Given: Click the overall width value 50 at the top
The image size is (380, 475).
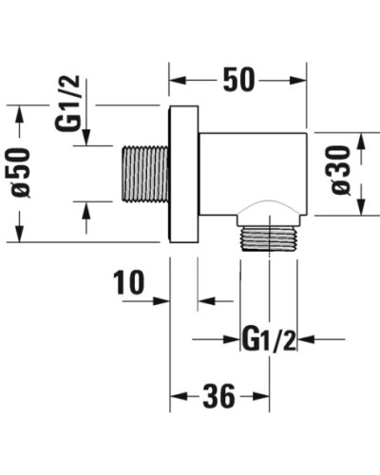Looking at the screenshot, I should [x=238, y=80].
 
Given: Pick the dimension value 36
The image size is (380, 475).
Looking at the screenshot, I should [x=218, y=397].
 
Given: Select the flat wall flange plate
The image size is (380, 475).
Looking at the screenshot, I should [x=183, y=174].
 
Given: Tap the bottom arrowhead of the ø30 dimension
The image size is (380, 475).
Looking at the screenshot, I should [x=362, y=214].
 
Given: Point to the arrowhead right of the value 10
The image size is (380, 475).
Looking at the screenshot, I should [x=163, y=302].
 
